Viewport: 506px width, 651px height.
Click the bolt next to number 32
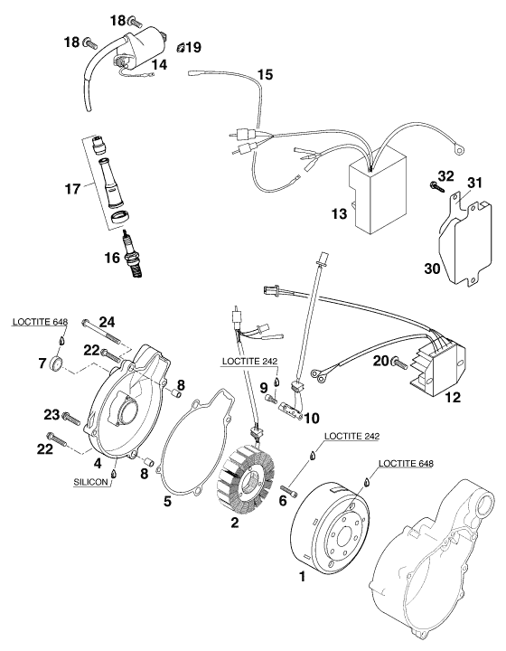435,185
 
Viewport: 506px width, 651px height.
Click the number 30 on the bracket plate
435,267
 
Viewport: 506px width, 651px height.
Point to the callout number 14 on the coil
159,64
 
